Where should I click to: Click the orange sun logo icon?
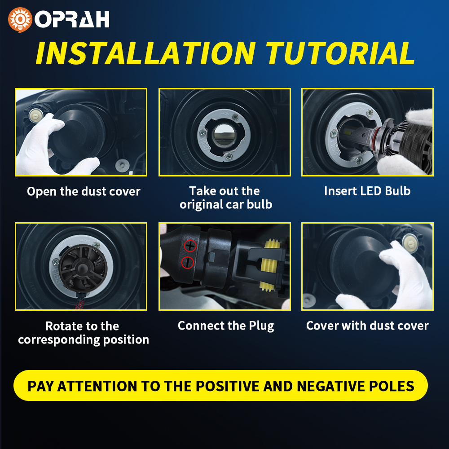click(20, 20)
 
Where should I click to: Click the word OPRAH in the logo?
click(72, 19)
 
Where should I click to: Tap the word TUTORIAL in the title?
click(340, 53)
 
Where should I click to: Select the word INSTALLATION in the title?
click(145, 53)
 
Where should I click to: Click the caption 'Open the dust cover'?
click(84, 191)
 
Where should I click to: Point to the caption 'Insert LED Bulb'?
click(367, 191)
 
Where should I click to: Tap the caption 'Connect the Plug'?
click(226, 326)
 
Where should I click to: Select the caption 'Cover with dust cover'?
click(367, 326)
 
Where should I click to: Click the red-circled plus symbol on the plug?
click(190, 246)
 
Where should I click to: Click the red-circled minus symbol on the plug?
click(188, 263)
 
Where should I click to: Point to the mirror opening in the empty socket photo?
click(224, 134)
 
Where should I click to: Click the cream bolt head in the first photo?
click(36, 115)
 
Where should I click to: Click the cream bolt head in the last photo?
click(410, 243)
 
